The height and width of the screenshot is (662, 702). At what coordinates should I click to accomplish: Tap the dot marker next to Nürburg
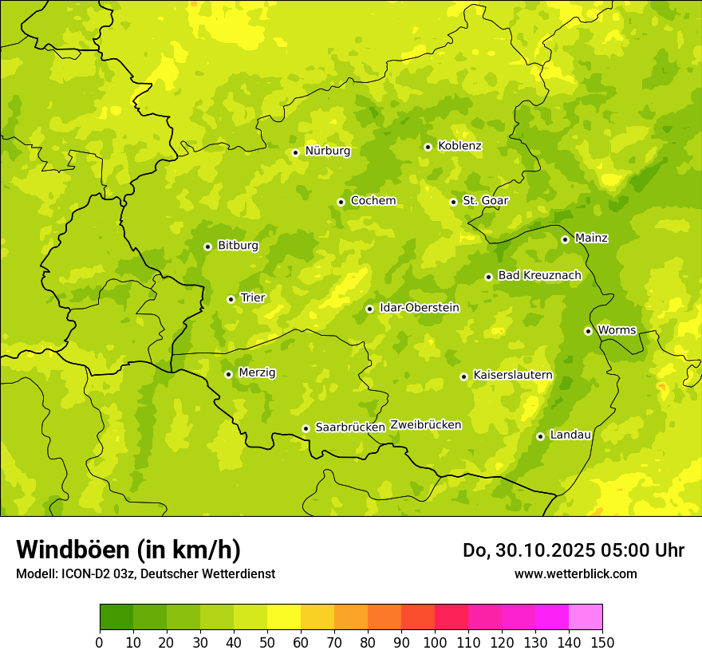295,152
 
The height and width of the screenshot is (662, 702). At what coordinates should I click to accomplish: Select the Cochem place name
373,201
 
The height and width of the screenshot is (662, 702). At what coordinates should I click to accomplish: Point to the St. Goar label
485,201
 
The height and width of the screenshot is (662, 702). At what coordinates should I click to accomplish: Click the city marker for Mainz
565,239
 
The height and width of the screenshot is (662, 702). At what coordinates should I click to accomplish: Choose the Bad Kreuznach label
539,276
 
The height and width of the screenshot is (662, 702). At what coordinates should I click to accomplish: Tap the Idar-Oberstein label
419,308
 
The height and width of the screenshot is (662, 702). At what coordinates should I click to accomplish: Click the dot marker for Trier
231,300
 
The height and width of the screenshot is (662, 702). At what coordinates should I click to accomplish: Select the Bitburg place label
238,246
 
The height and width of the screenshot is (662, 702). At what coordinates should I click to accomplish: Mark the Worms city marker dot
588,331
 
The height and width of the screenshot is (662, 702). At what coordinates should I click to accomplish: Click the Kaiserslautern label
512,376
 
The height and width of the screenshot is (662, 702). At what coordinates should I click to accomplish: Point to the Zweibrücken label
425,425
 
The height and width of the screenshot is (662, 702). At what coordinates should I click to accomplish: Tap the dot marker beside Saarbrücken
306,429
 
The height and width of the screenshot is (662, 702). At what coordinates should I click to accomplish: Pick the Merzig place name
257,373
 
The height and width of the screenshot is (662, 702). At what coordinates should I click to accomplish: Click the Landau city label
570,435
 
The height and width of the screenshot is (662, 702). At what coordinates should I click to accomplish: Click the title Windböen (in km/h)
128,550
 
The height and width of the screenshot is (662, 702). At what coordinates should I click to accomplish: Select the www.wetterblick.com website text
575,573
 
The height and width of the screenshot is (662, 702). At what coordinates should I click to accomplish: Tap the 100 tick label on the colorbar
435,641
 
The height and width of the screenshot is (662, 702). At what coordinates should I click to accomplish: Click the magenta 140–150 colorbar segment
586,617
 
